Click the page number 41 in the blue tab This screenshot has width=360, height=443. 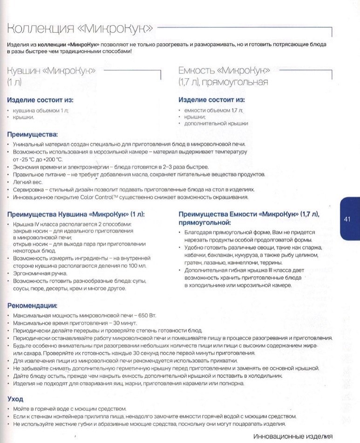pyautogui.click(x=347, y=219)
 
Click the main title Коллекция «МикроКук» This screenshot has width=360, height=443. pyautogui.click(x=81, y=29)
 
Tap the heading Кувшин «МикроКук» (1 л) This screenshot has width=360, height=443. pyautogui.click(x=51, y=76)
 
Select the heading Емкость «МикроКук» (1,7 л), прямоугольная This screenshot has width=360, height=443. pyautogui.click(x=224, y=76)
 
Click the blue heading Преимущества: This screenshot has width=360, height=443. pyautogui.click(x=32, y=135)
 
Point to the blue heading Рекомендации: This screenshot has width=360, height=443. pyautogui.click(x=33, y=306)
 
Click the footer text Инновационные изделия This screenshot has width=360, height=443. pyautogui.click(x=293, y=436)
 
